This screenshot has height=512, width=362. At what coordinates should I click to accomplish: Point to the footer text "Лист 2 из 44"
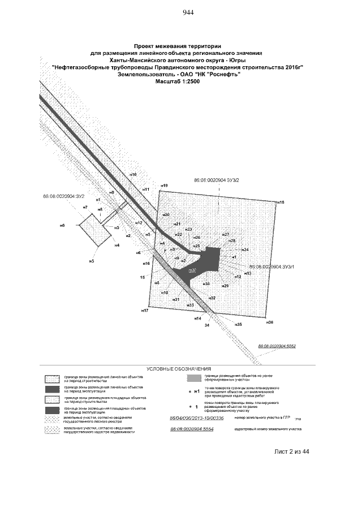click(291, 451)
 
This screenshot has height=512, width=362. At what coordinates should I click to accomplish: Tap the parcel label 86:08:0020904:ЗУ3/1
click(272, 265)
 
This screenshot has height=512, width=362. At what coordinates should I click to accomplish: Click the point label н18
click(280, 202)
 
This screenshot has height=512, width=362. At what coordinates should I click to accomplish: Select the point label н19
click(164, 186)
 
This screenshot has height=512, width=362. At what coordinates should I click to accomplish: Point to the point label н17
click(145, 311)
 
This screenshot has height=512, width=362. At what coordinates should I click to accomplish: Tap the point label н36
click(270, 322)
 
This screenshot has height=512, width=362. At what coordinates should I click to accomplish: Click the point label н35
click(238, 325)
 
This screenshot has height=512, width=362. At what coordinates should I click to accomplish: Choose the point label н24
click(245, 249)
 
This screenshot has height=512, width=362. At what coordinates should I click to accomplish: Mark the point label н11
click(145, 190)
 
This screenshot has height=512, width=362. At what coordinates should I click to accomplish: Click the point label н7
click(85, 208)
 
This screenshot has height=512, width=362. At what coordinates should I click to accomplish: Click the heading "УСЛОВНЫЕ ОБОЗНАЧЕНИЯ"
click(178, 368)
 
